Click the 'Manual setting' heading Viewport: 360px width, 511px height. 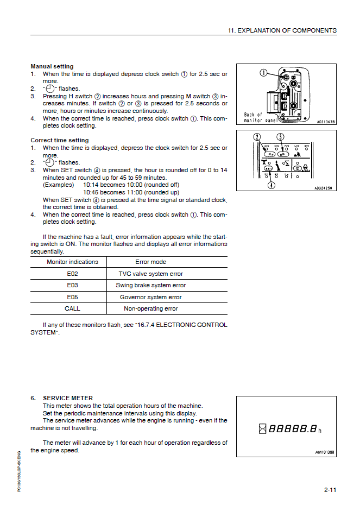pyautogui.click(x=52, y=66)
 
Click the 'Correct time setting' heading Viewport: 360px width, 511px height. pyautogui.click(x=59, y=140)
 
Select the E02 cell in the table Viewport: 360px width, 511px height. pyautogui.click(x=72, y=274)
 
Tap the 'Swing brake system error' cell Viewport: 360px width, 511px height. pyautogui.click(x=150, y=285)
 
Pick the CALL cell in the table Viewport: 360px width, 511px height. pyautogui.click(x=72, y=308)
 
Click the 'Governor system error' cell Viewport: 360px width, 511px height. pyautogui.click(x=150, y=297)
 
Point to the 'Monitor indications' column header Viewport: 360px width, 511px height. pyautogui.click(x=72, y=262)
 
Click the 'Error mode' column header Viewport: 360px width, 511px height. pyautogui.click(x=150, y=262)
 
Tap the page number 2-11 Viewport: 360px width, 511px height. pyautogui.click(x=330, y=490)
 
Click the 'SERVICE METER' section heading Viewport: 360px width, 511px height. pyautogui.click(x=68, y=398)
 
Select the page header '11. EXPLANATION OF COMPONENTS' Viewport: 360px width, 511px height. pyautogui.click(x=282, y=30)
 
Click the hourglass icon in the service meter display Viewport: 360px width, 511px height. pyautogui.click(x=263, y=430)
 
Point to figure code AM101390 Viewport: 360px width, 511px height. pyautogui.click(x=325, y=452)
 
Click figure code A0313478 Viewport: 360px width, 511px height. pyautogui.click(x=326, y=122)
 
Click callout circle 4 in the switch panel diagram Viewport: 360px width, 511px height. pyautogui.click(x=271, y=185)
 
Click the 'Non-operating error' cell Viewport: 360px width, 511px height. pyautogui.click(x=150, y=308)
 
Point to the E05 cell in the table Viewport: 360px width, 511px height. pyautogui.click(x=72, y=297)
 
